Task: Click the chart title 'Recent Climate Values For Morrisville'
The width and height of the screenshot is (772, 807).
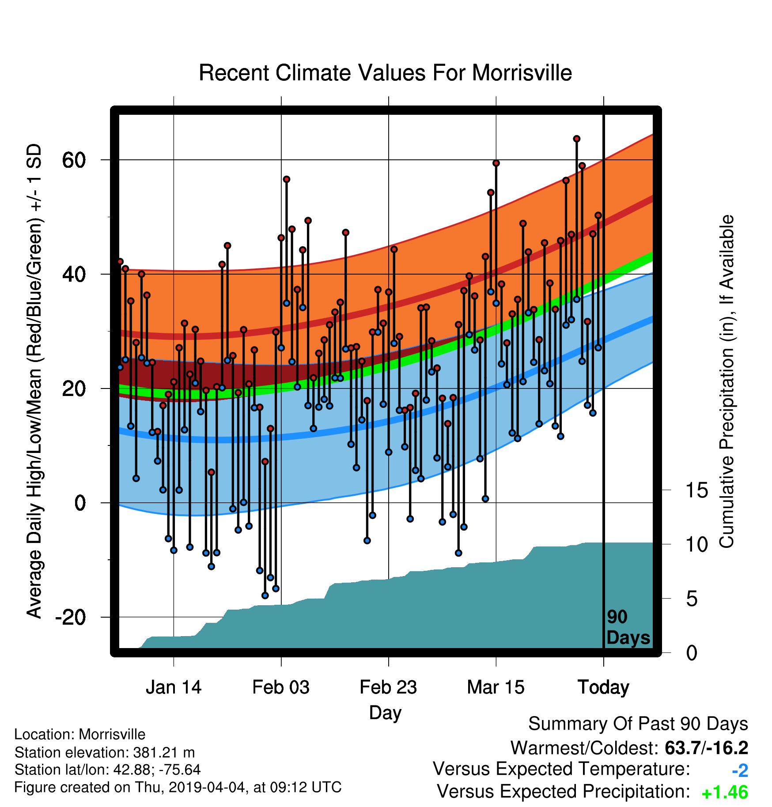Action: coord(385,73)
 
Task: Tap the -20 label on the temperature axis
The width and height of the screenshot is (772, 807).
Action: coord(71,617)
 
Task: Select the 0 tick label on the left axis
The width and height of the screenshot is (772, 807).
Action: coord(80,503)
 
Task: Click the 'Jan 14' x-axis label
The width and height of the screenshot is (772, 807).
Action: coord(174,687)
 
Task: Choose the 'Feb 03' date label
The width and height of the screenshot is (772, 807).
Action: coord(281,687)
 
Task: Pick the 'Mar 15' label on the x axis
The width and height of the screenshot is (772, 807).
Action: coord(496,687)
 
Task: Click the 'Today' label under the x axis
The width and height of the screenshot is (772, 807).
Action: coord(603,688)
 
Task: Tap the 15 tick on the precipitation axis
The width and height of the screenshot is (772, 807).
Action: coord(696,490)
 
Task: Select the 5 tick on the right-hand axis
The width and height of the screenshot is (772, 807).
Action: coord(692,599)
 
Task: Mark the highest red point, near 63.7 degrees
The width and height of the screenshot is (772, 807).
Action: coord(576,139)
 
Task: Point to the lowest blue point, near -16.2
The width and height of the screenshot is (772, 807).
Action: coord(265,596)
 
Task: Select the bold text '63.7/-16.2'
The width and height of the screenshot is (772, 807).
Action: coord(707,748)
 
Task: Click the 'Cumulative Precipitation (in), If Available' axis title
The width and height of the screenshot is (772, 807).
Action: coord(727,382)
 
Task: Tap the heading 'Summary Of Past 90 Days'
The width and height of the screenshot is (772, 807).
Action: coord(638,724)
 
